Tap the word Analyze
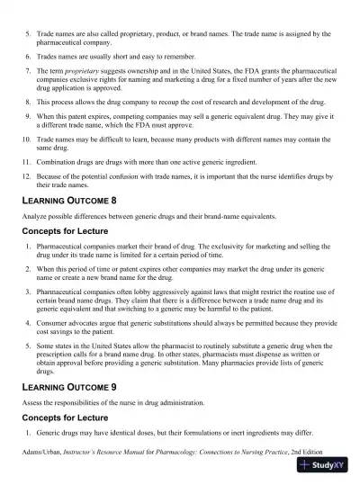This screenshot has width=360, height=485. point(37,217)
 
